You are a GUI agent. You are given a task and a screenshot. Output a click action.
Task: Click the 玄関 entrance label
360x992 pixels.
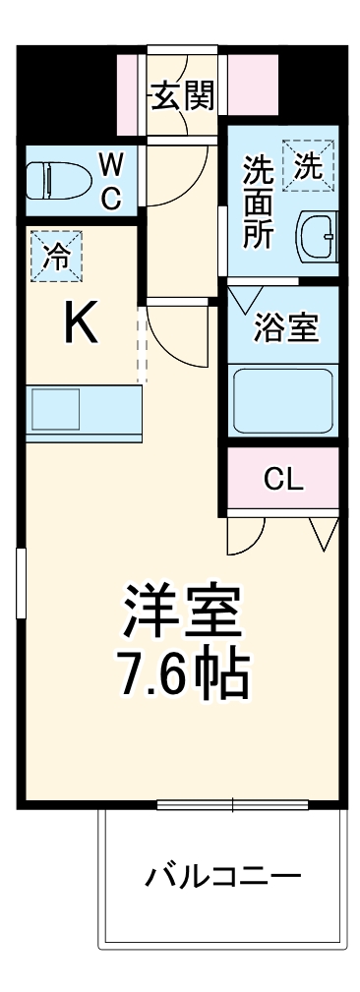click(x=182, y=95)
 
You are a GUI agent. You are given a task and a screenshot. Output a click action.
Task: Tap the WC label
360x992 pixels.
click(x=110, y=182)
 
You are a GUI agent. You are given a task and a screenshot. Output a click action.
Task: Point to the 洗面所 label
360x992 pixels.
click(x=258, y=203)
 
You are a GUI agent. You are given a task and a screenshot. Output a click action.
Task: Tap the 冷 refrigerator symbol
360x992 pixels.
click(x=57, y=257)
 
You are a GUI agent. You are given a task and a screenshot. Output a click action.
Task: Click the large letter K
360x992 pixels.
click(x=81, y=323)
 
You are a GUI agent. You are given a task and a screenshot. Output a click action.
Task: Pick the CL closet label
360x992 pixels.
click(x=283, y=480)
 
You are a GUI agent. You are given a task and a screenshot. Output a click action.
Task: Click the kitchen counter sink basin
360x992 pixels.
click(x=54, y=407)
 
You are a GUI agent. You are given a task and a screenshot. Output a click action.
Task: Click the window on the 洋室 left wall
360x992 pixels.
click(x=20, y=586)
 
